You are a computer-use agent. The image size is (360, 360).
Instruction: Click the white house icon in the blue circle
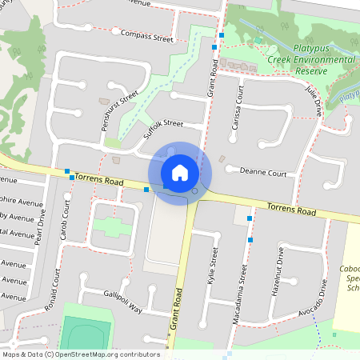point(180,172)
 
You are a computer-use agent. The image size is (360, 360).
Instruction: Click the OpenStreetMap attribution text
point(81,354)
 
